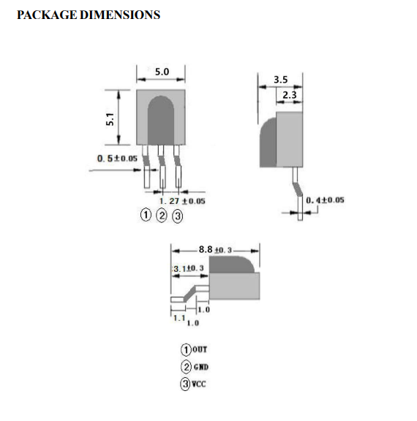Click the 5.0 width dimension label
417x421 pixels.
162,72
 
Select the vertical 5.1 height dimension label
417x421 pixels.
110,119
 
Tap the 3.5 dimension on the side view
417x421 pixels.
280,80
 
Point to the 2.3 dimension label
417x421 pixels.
290,95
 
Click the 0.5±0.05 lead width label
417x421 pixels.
117,159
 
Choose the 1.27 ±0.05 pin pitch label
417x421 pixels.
182,201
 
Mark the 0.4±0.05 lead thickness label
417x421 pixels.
325,200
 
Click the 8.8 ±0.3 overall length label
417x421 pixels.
215,250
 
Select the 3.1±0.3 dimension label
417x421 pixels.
189,268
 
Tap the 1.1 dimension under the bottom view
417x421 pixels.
179,318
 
